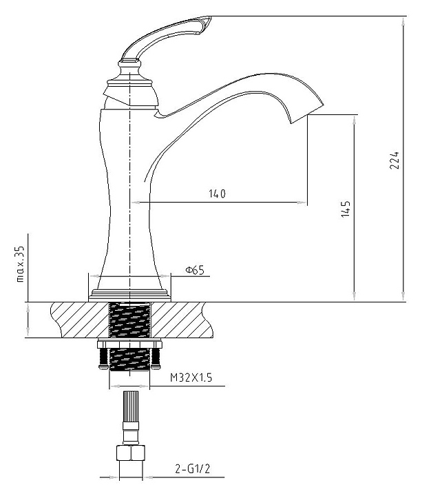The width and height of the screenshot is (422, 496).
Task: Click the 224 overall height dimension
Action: point(394,161)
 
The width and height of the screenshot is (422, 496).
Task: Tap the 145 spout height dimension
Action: point(346,209)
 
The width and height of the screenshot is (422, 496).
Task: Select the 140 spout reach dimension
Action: point(218,194)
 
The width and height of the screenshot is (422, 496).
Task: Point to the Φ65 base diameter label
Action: point(195,270)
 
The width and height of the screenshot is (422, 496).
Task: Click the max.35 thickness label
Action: point(19,263)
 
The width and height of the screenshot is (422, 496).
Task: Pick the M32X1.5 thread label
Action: point(191,378)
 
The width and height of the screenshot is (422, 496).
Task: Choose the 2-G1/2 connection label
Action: point(193,469)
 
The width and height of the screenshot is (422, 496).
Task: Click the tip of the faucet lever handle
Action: point(210,17)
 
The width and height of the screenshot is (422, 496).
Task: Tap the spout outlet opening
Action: point(307,113)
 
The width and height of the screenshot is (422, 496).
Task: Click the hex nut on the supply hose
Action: point(131,453)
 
